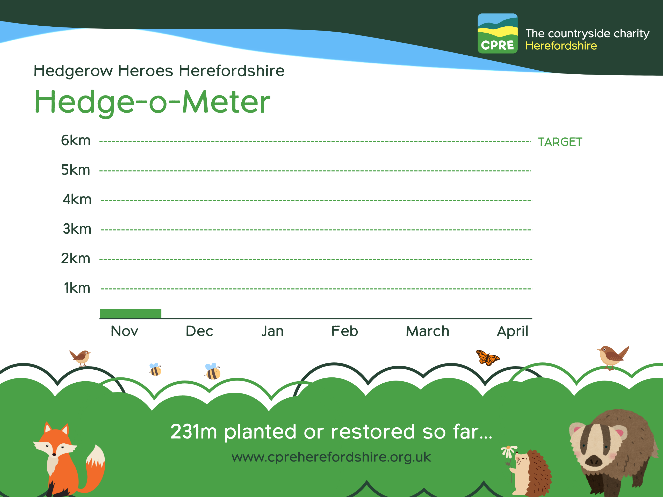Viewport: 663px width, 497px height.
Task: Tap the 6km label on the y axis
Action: point(76,140)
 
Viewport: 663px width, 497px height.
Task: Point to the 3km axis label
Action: point(77,229)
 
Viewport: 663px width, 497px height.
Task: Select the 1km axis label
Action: point(77,288)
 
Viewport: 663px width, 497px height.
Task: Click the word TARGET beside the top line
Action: point(560,142)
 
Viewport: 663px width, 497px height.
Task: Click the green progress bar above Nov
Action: point(131,313)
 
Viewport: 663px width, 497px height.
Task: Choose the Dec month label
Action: point(199,331)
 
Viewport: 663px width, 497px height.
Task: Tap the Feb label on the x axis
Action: point(345,331)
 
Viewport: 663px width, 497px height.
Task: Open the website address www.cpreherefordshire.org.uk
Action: point(331,457)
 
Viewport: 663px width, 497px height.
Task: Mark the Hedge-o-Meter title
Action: point(153,103)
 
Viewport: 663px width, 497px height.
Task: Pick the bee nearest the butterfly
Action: point(213,371)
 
